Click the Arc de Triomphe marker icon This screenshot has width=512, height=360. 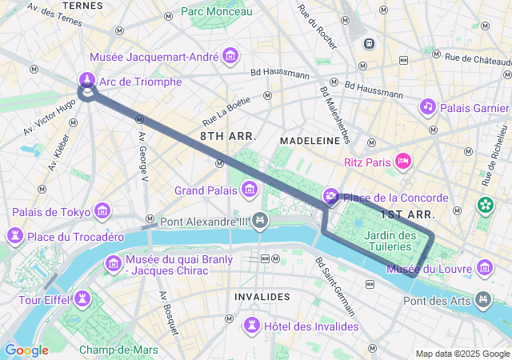click(87, 80)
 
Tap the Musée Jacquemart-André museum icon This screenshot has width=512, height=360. click(231, 56)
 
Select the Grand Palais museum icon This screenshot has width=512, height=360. click(250, 190)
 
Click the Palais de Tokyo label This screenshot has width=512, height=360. click(50, 211)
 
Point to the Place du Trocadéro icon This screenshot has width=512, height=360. click(14, 236)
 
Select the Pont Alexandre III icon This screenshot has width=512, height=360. click(259, 220)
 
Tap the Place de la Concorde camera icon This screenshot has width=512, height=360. click(331, 197)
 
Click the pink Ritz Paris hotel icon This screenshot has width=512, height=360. click(404, 162)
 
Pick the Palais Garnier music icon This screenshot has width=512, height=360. click(428, 106)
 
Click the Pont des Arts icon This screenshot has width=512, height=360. click(482, 300)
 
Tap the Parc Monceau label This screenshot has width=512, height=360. click(216, 11)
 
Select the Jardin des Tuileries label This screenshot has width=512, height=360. click(390, 241)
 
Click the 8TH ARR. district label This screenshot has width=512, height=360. click(228, 136)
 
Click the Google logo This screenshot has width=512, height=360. click(26, 350)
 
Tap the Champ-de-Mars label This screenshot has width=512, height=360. click(118, 349)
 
